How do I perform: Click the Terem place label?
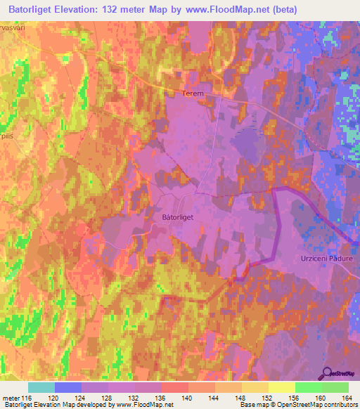[x=192, y=93]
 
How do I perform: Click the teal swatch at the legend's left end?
[x=41, y=387]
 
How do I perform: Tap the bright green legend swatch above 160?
[x=308, y=387]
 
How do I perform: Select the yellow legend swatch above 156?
[x=281, y=387]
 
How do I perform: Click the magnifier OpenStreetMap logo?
[x=328, y=373]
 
